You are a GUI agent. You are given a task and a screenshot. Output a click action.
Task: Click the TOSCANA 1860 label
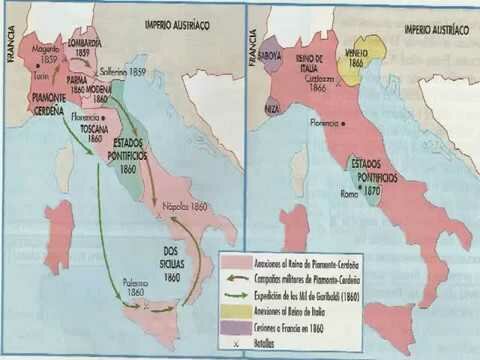point(95,133)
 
